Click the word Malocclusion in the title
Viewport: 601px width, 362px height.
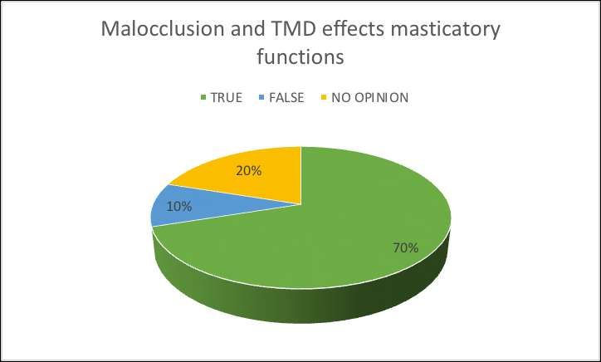click(163, 29)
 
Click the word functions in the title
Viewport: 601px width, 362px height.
click(300, 56)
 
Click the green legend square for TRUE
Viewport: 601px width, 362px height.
click(203, 98)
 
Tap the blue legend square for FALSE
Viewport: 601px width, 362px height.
click(261, 98)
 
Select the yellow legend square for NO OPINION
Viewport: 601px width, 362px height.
click(324, 98)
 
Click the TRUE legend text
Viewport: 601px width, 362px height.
click(227, 98)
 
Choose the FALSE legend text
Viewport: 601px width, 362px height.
click(286, 98)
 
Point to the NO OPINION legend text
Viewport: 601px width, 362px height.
click(370, 98)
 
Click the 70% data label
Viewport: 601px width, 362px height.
click(406, 248)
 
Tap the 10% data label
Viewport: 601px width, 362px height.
click(179, 207)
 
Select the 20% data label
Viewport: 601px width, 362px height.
click(249, 171)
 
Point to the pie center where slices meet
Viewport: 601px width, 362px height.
click(300, 205)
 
